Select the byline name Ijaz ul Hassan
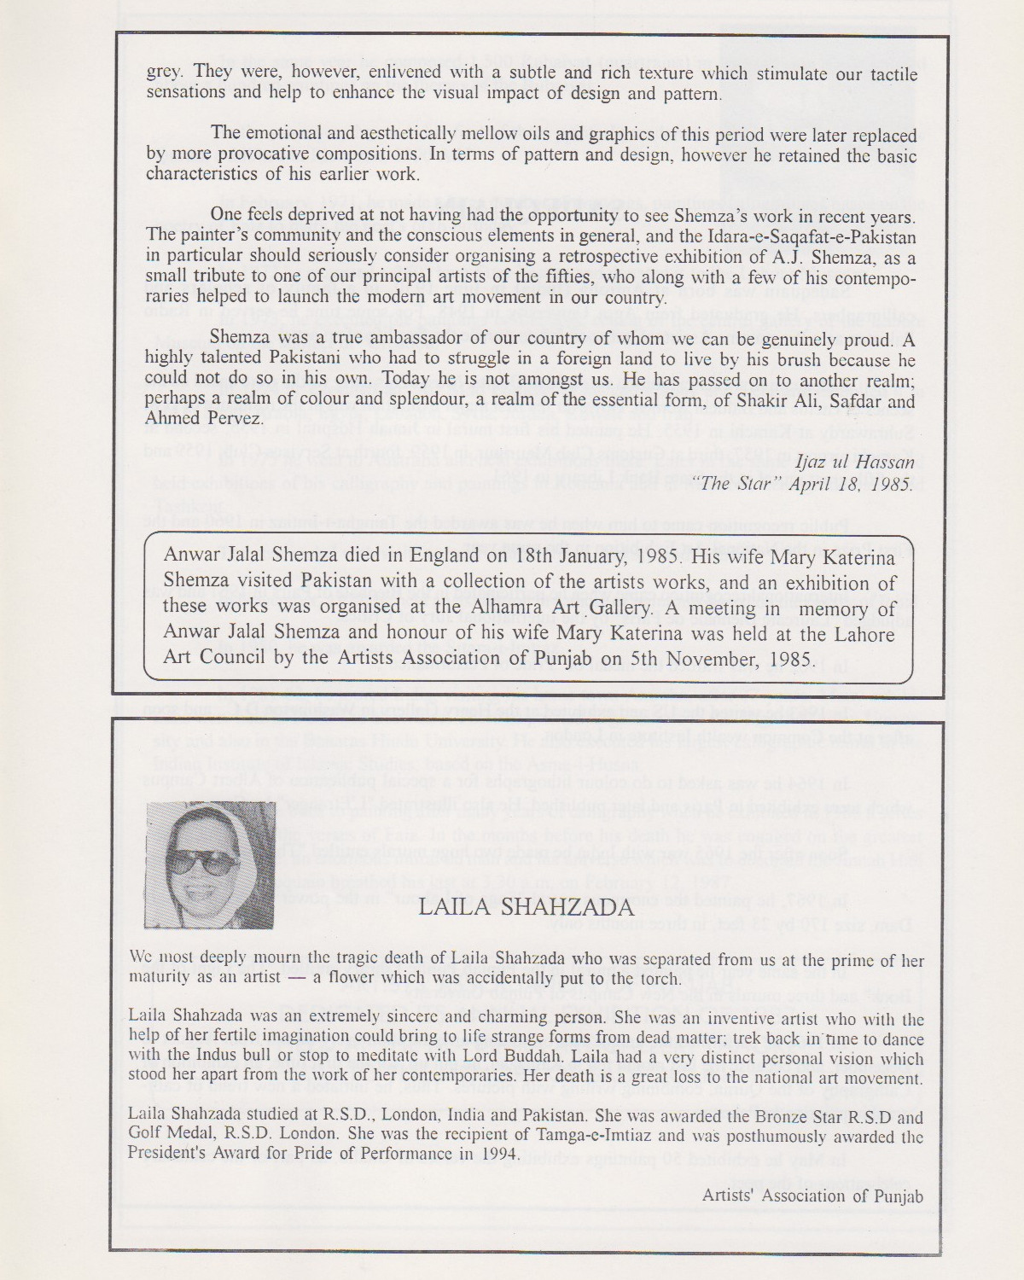[x=855, y=463]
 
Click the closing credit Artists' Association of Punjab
[x=812, y=1196]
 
